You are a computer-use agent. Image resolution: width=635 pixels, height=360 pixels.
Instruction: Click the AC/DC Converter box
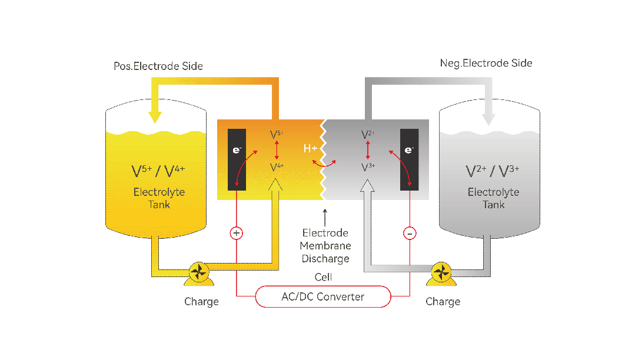(323, 296)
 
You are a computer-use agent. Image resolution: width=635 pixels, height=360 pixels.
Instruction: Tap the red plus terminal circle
(237, 233)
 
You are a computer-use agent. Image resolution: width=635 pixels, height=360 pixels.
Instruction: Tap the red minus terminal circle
(410, 234)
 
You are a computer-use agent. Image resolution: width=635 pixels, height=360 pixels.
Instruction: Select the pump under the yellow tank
(199, 274)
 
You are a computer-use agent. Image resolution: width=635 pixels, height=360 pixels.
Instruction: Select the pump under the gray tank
(441, 274)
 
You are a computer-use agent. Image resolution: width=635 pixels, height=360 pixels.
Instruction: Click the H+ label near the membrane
(310, 149)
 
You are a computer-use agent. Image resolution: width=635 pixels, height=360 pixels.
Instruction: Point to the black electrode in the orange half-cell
(237, 159)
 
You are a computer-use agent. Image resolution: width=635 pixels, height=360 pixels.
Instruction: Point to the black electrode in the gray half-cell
(410, 159)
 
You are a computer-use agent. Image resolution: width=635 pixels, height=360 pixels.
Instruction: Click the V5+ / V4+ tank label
(158, 171)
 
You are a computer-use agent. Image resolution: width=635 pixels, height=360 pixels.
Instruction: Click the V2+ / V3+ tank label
(493, 171)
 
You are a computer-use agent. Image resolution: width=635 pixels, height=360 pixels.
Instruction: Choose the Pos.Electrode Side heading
(158, 66)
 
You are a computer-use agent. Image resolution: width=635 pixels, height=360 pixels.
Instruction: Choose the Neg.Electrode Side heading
(486, 63)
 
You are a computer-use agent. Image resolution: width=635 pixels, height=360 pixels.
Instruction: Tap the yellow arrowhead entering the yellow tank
(155, 117)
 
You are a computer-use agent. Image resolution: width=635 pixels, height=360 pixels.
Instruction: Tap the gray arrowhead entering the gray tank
(488, 119)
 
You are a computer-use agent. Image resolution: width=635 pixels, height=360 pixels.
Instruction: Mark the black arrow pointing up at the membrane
(325, 218)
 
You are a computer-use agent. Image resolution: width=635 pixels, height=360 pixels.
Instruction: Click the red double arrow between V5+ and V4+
(277, 150)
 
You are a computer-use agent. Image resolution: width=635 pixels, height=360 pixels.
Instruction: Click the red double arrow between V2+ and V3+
(368, 150)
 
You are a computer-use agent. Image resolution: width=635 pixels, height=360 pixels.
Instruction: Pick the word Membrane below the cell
(325, 246)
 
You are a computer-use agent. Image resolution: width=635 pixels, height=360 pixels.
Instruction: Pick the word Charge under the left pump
(201, 302)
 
